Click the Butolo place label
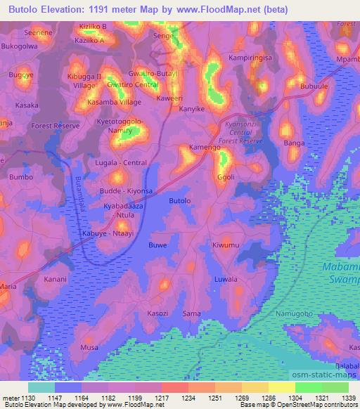tap(180, 201)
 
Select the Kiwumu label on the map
tap(226, 245)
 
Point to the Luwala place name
tap(226, 279)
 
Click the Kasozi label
tap(157, 312)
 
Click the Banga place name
tap(293, 143)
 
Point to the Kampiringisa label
tap(252, 58)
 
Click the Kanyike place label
tap(191, 109)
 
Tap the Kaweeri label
tap(169, 98)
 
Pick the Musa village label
tap(89, 347)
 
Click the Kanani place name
tap(56, 279)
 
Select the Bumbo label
tap(21, 177)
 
